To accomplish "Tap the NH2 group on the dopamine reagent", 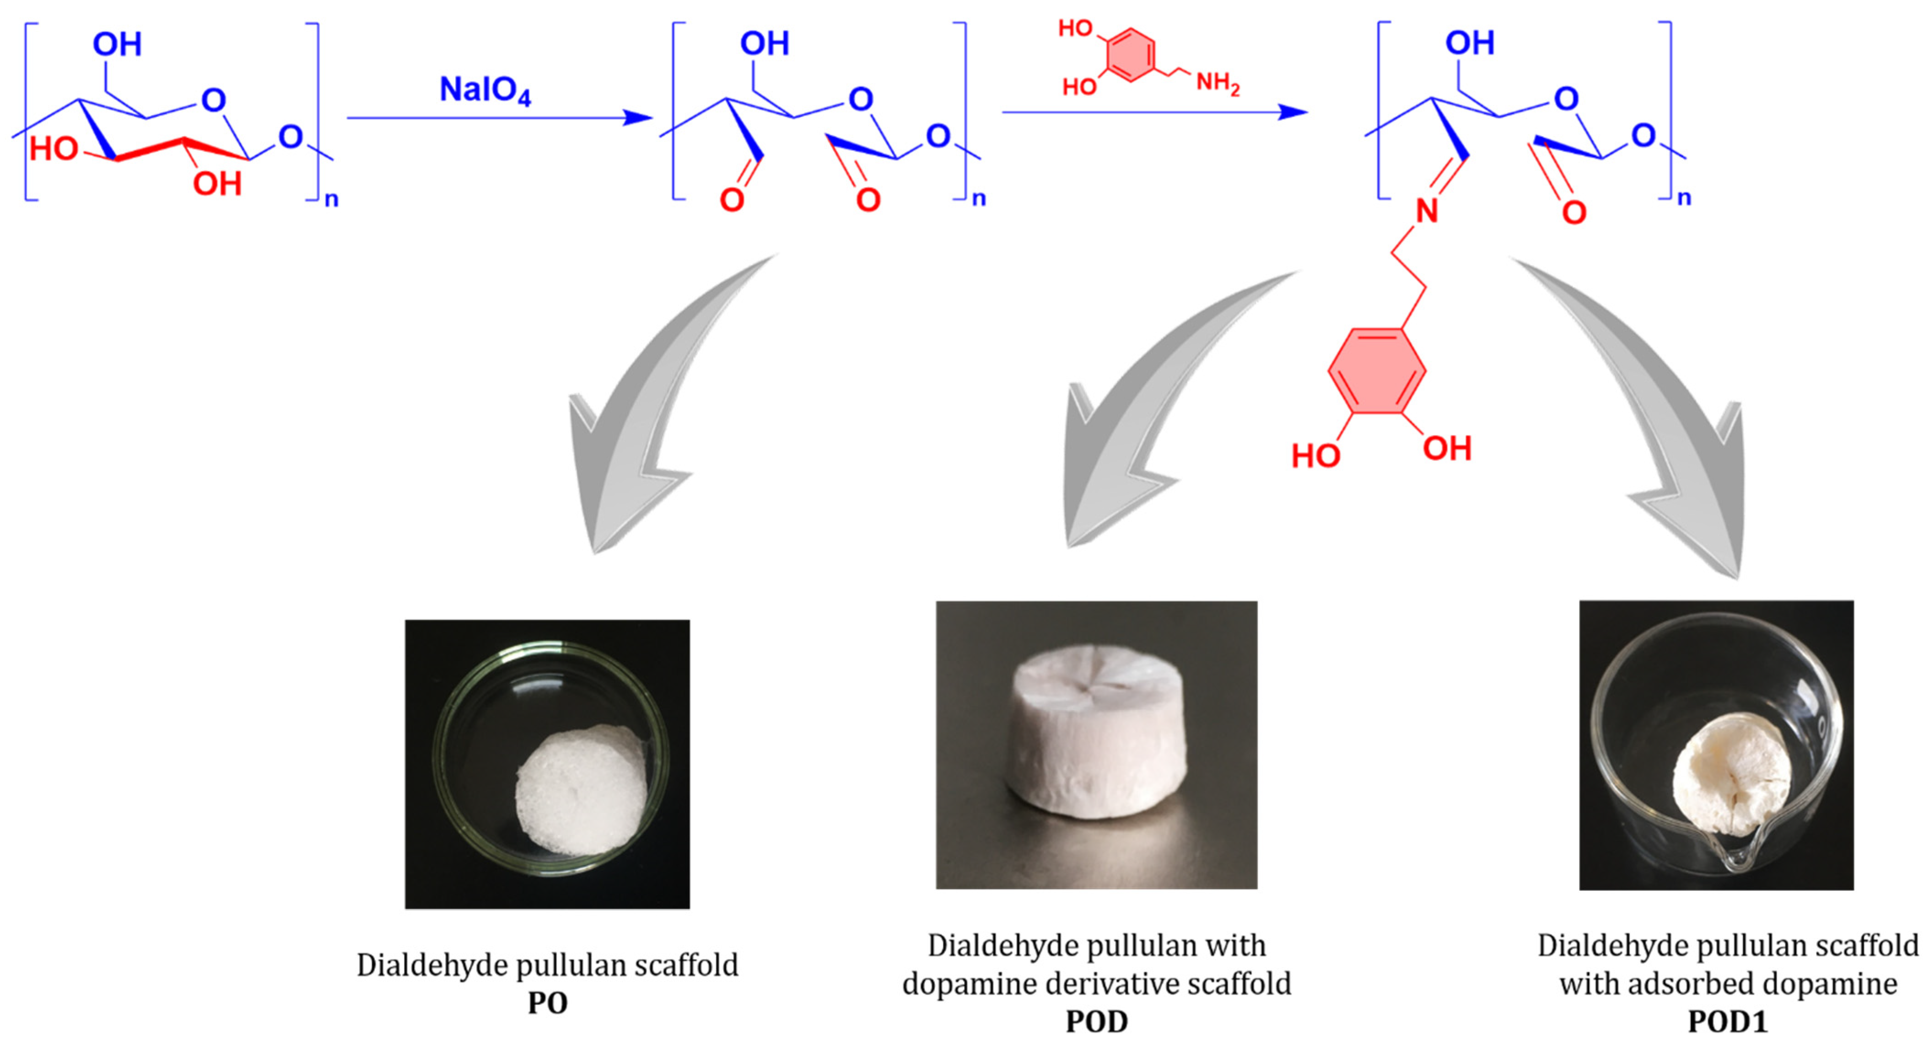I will tap(1218, 83).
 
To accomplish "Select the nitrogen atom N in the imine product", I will tap(1427, 212).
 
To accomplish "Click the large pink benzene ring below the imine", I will tap(1376, 370).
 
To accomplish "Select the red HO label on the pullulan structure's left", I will tap(54, 150).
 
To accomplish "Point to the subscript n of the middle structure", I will tap(979, 199).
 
